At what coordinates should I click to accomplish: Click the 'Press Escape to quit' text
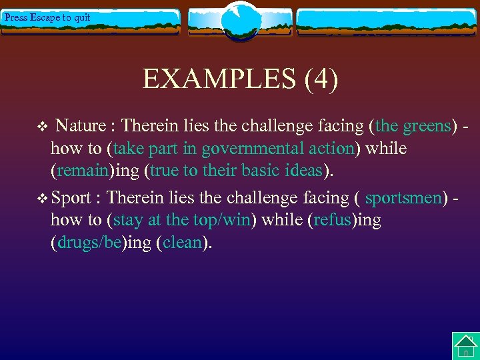47,18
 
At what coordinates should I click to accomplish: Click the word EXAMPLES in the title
220,79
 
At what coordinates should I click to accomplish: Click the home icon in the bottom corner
465,346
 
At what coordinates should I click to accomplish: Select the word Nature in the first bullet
81,125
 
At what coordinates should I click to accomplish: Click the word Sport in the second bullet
71,198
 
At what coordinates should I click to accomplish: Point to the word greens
427,125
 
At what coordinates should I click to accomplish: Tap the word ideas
303,171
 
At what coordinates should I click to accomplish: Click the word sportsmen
403,198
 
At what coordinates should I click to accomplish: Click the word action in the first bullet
329,148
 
